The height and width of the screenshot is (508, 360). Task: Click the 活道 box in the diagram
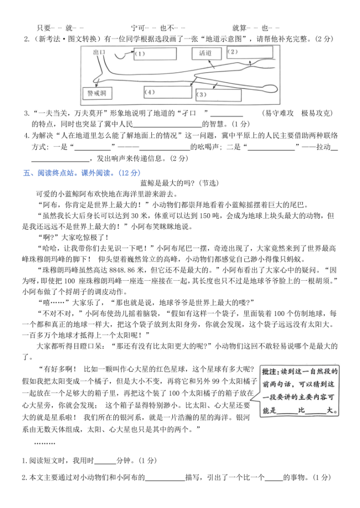pyautogui.click(x=205, y=53)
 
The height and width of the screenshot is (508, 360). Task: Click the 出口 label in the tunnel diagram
pyautogui.click(x=100, y=52)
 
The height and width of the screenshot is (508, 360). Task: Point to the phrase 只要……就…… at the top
pyautogui.click(x=61, y=28)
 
